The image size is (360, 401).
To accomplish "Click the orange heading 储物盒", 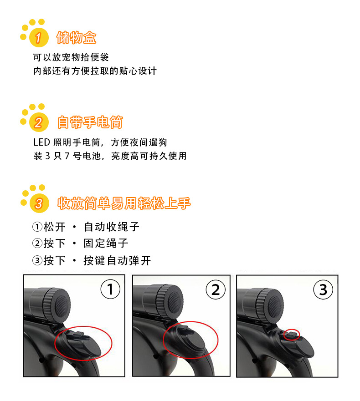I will (x=76, y=37).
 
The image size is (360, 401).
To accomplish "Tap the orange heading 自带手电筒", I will (x=90, y=122).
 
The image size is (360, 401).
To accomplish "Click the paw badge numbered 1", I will (x=38, y=38).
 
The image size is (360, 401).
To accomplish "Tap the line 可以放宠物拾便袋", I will (x=71, y=58).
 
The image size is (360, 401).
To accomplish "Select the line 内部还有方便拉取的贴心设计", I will (x=95, y=71).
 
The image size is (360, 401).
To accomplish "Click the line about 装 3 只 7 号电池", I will (x=109, y=156).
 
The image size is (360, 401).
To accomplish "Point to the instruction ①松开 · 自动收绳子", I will (x=86, y=227).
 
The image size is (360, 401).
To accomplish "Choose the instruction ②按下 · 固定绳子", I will (x=80, y=244).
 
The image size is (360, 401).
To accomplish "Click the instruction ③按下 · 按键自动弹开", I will (x=91, y=260).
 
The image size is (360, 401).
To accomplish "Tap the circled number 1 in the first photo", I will (x=110, y=289).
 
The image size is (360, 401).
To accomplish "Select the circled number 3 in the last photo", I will (x=323, y=289).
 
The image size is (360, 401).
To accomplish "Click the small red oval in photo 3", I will (x=292, y=335).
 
